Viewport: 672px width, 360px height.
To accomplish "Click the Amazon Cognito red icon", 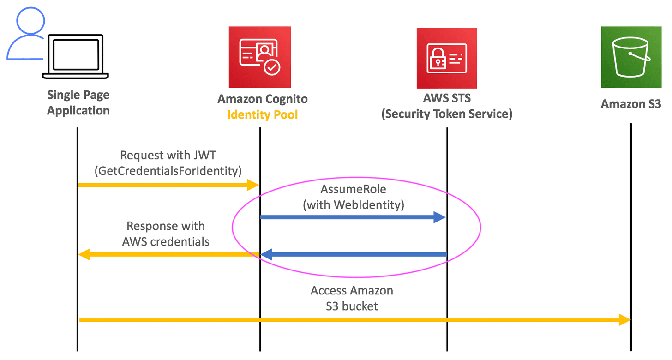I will [260, 57].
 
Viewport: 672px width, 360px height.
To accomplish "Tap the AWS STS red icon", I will [446, 58].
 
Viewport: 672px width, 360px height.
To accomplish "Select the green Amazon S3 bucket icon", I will [631, 57].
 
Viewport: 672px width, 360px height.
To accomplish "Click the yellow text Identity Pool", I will [262, 114].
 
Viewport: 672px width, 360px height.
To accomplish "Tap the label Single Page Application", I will [78, 103].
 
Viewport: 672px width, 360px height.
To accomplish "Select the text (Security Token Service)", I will [446, 114].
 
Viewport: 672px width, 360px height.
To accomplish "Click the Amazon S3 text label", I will [631, 104].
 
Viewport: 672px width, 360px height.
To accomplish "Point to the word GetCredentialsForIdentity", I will [168, 171].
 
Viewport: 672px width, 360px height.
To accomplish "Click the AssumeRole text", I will [353, 189].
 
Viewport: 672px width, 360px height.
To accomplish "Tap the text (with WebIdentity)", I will [353, 204].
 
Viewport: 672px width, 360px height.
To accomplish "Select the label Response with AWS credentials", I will [166, 234].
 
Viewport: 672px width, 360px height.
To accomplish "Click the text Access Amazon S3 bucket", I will [352, 298].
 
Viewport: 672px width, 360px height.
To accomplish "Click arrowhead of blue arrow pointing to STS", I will [440, 217].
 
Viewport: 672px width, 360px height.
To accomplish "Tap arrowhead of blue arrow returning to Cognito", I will [267, 254].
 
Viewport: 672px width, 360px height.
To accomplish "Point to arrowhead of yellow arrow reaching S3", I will [625, 320].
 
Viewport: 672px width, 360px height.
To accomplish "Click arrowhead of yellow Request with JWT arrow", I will [253, 185].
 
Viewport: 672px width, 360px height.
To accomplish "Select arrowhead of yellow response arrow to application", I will [84, 254].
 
